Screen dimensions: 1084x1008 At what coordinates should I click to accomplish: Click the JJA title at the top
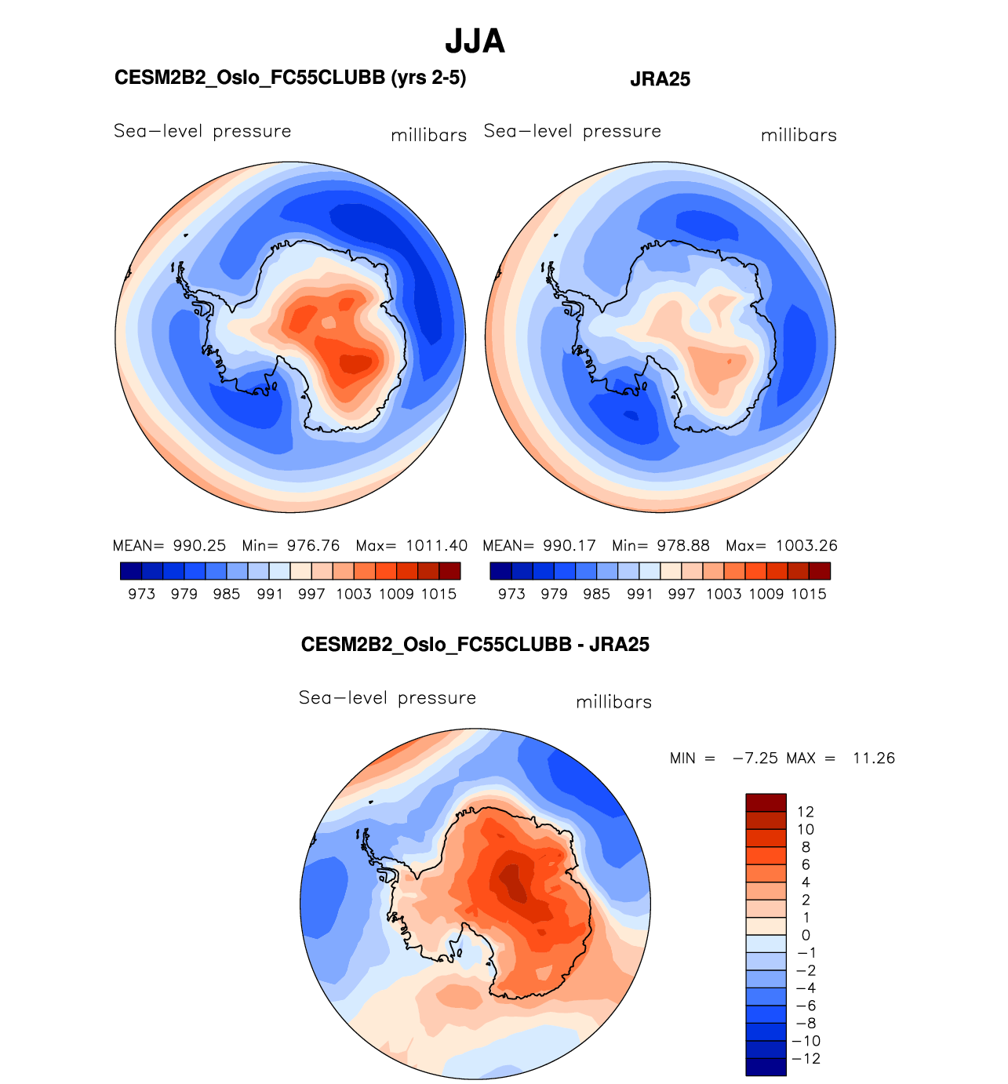pos(475,41)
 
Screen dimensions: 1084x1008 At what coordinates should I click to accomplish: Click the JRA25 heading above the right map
pos(660,79)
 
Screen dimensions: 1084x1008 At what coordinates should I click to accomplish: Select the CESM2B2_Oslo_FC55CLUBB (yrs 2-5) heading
pos(290,78)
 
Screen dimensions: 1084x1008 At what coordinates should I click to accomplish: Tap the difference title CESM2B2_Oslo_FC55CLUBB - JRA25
pos(475,645)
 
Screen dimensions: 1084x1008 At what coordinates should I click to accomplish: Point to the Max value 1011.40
pos(436,546)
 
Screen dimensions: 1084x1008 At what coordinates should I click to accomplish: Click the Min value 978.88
pos(682,546)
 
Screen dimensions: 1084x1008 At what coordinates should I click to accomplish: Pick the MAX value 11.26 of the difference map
pos(873,758)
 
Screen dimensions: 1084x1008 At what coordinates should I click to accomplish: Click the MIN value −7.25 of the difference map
pos(755,758)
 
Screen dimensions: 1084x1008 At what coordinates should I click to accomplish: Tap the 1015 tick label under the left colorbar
pos(438,595)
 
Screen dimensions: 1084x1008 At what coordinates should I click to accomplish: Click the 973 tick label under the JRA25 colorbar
pos(511,595)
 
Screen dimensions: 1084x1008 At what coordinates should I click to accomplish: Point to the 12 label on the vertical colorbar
pos(805,812)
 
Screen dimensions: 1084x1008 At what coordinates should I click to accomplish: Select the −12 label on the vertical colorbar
pos(807,1059)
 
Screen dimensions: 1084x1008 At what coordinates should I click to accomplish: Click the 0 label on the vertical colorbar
pos(806,935)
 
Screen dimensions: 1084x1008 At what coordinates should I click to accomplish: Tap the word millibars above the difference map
pos(613,703)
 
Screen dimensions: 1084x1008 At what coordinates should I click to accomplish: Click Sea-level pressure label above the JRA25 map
pos(572,132)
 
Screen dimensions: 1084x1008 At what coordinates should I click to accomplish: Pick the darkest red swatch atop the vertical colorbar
pos(766,802)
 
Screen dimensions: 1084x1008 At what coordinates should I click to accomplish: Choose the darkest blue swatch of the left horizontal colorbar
pos(131,571)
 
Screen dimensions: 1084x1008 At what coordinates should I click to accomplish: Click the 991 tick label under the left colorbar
pos(269,595)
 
